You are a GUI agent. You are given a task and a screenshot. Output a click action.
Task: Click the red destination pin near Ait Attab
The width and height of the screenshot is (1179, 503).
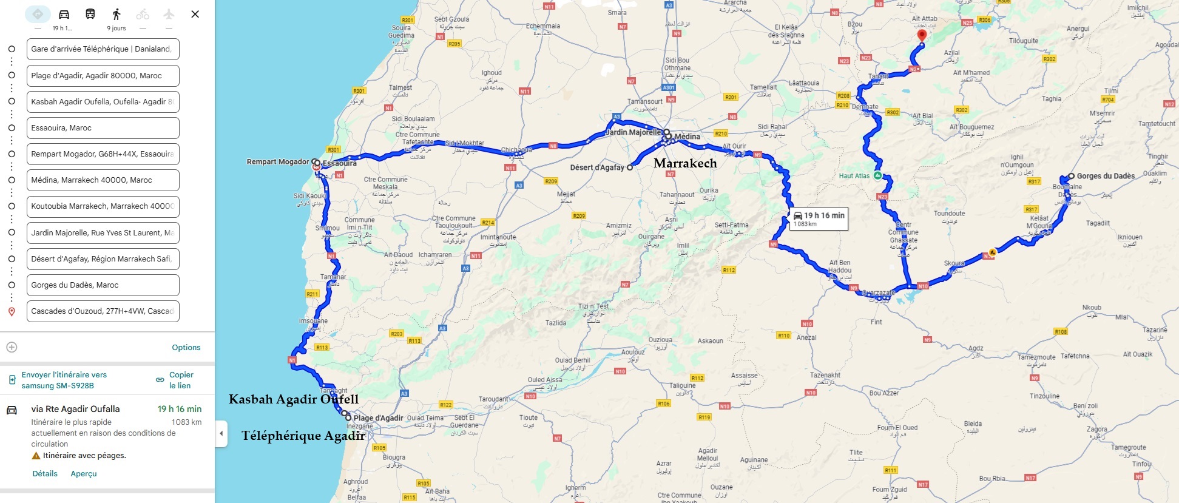(x=922, y=36)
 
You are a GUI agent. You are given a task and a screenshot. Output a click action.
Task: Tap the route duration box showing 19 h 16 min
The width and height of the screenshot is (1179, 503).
(x=819, y=219)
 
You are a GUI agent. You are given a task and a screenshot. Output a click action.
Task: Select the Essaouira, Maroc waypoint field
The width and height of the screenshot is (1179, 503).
(x=103, y=128)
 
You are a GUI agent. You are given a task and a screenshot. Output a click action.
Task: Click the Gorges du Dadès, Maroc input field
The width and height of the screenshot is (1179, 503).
(x=103, y=285)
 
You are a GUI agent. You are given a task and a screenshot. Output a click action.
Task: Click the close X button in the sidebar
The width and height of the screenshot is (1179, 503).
(x=195, y=14)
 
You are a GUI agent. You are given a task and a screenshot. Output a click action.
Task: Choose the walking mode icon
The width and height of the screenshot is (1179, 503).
(x=117, y=14)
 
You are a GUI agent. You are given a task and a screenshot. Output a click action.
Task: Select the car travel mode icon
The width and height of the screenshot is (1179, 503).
(x=64, y=14)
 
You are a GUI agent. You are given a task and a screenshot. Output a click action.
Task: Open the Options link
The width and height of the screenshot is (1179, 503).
(x=186, y=348)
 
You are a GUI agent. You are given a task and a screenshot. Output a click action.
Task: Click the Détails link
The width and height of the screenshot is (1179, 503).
(x=45, y=474)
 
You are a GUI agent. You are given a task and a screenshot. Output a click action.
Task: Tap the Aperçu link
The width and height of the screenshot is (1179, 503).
(x=84, y=474)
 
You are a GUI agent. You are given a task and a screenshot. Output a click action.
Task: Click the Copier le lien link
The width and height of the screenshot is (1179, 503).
(x=180, y=380)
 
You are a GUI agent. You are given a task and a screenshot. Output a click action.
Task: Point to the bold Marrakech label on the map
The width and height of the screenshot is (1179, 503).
(x=685, y=163)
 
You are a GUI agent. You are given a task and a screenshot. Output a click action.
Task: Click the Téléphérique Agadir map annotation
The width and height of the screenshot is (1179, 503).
(x=303, y=436)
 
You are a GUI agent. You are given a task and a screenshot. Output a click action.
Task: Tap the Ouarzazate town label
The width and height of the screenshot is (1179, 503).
(x=878, y=293)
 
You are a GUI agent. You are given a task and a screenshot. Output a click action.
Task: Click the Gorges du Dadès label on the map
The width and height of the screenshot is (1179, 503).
(x=1106, y=177)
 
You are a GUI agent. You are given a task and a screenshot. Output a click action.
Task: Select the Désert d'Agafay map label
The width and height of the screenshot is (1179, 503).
(x=596, y=167)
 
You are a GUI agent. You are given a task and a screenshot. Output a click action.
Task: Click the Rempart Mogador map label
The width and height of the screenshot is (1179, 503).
(x=278, y=162)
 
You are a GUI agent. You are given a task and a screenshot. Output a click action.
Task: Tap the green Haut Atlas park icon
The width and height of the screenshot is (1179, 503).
(x=877, y=175)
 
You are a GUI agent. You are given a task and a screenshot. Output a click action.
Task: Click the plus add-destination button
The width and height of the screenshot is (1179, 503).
(x=12, y=348)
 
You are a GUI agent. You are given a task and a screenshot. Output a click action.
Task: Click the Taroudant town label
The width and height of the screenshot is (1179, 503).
(x=493, y=400)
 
